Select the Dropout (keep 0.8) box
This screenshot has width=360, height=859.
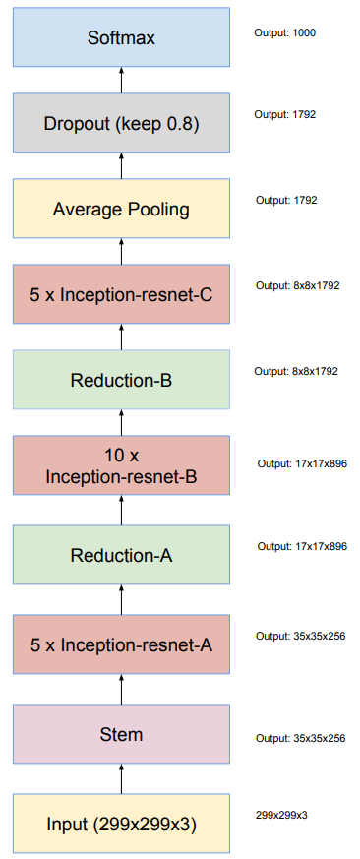122,124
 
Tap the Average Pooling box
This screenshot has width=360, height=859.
122,209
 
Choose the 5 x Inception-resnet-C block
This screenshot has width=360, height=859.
122,293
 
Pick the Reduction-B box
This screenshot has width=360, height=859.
122,379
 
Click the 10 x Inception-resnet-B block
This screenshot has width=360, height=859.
122,466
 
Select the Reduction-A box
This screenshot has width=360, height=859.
122,555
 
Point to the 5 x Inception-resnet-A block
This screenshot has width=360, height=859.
122,645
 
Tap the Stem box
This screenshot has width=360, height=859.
122,734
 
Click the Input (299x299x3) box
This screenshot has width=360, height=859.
122,824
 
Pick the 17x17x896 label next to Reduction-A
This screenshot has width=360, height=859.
302,546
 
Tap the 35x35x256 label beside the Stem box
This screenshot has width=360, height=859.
301,738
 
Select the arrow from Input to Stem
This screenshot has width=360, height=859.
122,779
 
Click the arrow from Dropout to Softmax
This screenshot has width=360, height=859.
122,83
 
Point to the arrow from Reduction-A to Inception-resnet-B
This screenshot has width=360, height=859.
122,511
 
